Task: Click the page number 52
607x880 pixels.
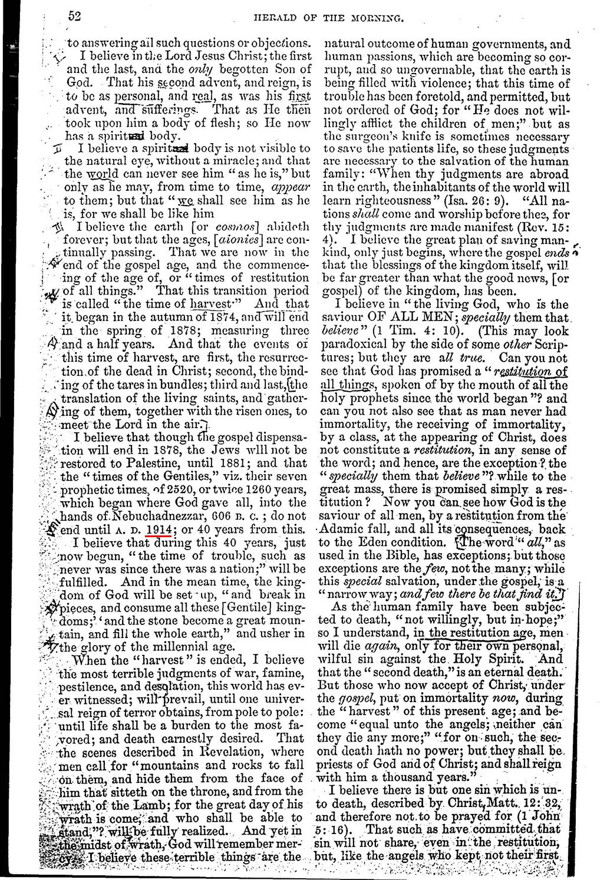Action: pyautogui.click(x=74, y=16)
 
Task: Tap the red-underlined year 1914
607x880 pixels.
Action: pyautogui.click(x=159, y=528)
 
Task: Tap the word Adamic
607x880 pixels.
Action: pyautogui.click(x=342, y=529)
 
